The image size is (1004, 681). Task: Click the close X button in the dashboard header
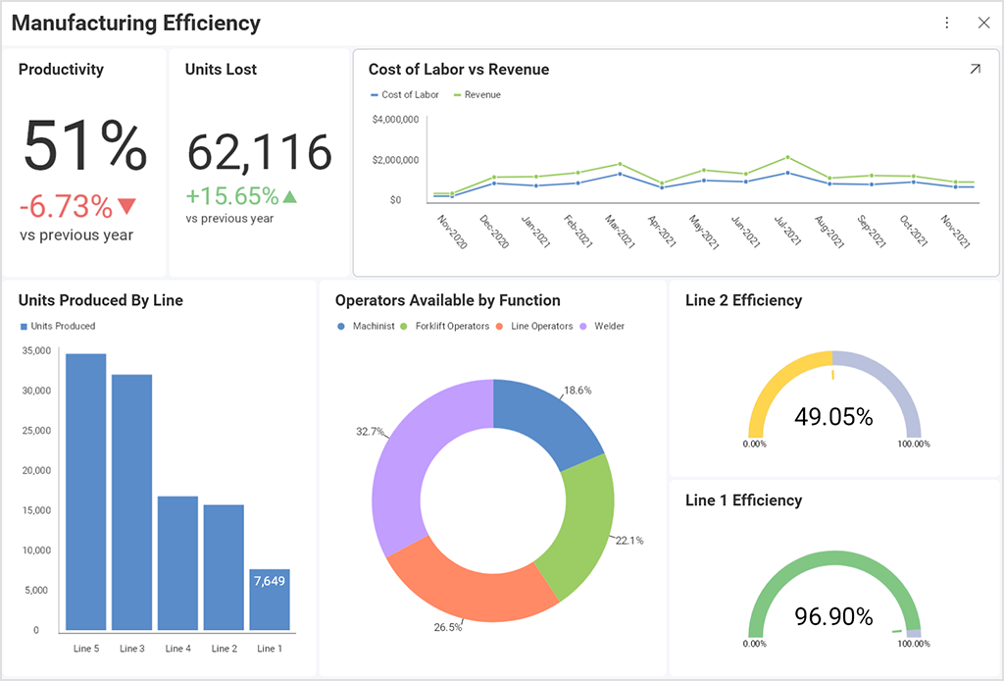point(983,23)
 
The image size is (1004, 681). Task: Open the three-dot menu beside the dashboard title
point(946,23)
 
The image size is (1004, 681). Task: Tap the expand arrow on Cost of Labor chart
point(975,70)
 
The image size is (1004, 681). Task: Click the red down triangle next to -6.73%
point(126,206)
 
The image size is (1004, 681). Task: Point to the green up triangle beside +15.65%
point(289,197)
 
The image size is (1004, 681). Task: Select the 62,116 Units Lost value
point(260,153)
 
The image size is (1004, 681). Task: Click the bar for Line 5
point(86,491)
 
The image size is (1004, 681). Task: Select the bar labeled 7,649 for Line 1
point(270,599)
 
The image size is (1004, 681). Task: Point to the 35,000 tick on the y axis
point(35,350)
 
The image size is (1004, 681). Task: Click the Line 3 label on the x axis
point(132,649)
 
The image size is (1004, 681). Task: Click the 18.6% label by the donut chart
point(577,391)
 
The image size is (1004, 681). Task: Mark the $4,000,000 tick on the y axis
point(396,120)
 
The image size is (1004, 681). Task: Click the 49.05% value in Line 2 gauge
point(833,417)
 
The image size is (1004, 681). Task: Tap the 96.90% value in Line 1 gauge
point(833,617)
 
